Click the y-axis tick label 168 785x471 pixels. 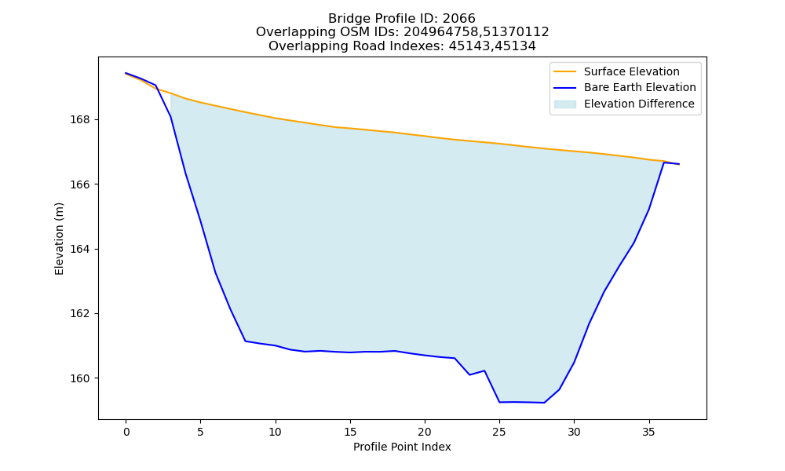(80, 120)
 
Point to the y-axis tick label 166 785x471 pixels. (80, 184)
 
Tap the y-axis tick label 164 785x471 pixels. (80, 250)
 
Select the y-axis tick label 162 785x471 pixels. (80, 314)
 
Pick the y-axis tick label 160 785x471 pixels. (80, 378)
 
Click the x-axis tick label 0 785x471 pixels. (126, 432)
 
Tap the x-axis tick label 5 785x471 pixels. (200, 432)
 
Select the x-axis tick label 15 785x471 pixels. (350, 432)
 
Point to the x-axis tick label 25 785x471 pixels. (499, 432)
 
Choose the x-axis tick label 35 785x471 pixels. (648, 432)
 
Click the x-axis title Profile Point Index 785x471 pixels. (402, 447)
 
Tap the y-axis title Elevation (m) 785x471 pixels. (59, 239)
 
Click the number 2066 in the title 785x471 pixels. (458, 19)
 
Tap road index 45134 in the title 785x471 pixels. (515, 46)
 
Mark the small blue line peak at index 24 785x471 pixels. (484, 371)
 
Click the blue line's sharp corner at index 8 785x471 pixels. (245, 341)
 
